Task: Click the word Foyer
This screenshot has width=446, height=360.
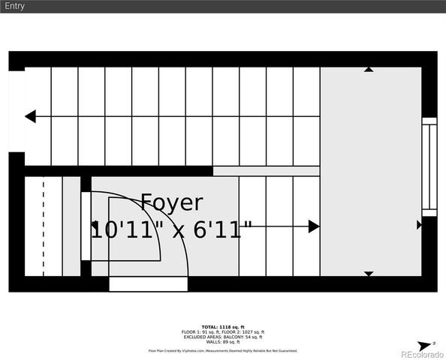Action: (x=171, y=202)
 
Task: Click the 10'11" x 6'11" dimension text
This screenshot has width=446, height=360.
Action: (x=171, y=229)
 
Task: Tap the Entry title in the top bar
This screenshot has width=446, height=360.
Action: (x=14, y=6)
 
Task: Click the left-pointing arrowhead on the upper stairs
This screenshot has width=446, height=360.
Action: (x=30, y=117)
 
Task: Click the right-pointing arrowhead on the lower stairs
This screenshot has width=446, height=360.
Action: (x=314, y=226)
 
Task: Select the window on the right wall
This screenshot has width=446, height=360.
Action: (x=429, y=167)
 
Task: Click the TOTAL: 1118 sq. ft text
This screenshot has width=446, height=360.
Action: (x=222, y=327)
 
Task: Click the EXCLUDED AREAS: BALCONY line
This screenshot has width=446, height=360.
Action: (x=222, y=337)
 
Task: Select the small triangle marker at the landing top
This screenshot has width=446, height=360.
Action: (x=369, y=70)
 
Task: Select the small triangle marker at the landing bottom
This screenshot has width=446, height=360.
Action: (x=369, y=274)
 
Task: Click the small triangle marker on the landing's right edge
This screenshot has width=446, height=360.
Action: (x=419, y=225)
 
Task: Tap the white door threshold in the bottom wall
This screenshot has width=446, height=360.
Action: (x=148, y=284)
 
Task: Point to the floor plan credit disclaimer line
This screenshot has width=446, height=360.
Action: (x=222, y=350)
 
